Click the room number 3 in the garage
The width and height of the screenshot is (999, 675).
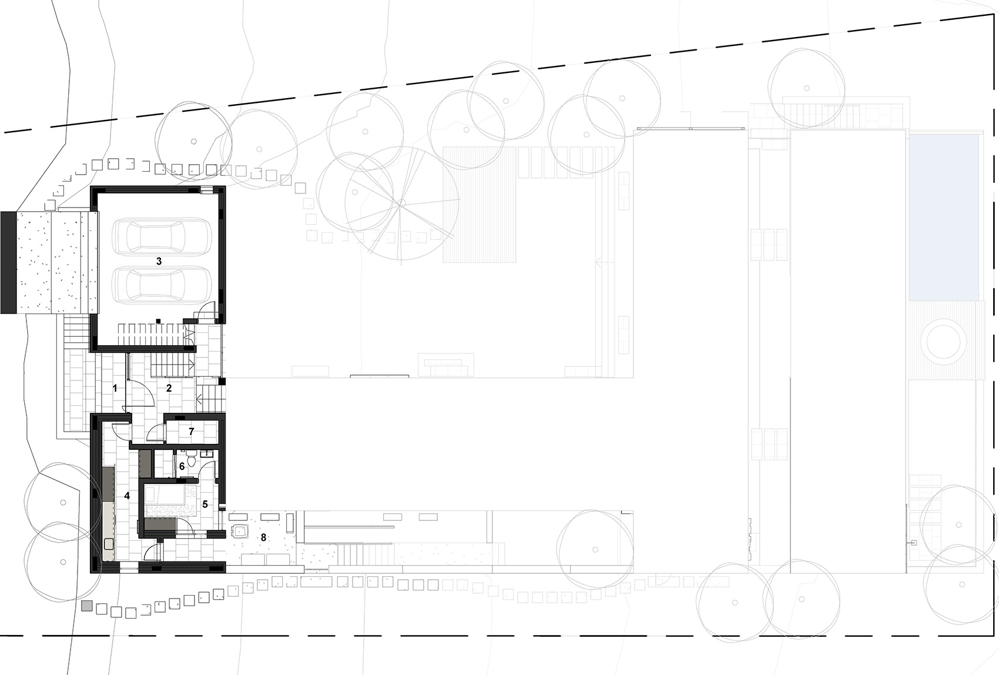(159, 261)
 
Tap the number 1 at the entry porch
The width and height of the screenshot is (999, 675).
(115, 389)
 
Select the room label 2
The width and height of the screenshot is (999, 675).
(169, 388)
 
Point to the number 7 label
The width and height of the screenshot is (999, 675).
(192, 432)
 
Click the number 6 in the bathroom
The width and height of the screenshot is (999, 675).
(182, 466)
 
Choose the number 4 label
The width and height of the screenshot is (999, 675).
(127, 496)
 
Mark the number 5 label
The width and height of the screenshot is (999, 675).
(205, 504)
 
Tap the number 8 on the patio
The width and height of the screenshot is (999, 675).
(264, 537)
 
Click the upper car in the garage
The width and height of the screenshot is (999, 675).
(162, 236)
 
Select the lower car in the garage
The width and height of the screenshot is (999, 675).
(162, 285)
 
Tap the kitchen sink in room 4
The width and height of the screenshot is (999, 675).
(108, 544)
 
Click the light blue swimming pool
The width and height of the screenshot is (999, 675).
(944, 217)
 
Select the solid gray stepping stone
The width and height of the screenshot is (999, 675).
(88, 606)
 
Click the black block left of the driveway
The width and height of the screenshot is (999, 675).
(8, 262)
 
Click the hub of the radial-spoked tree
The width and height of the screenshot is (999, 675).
(402, 203)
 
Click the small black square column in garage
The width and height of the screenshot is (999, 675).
(158, 320)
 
